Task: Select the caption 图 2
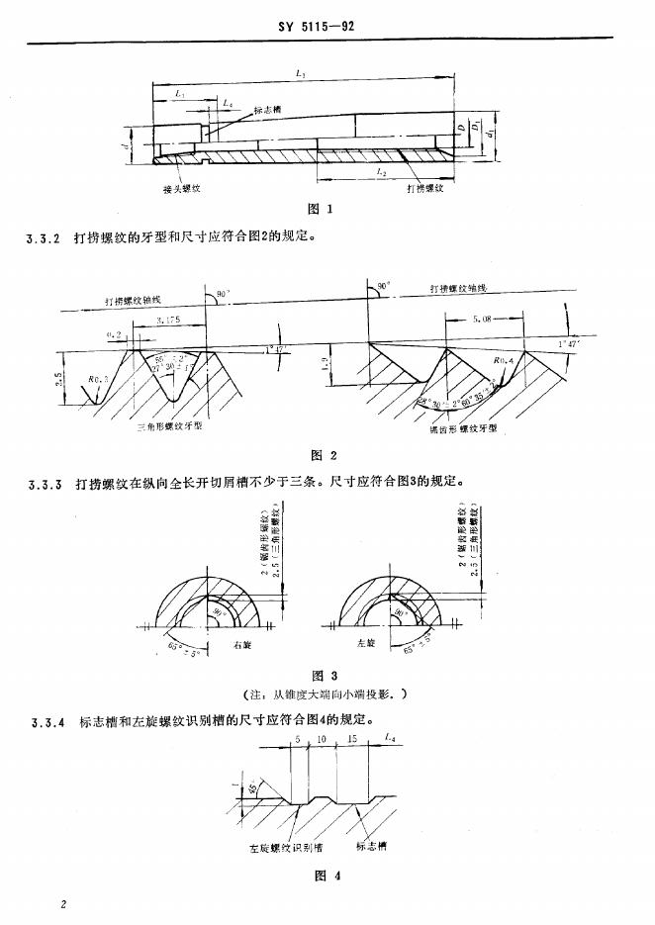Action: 325,456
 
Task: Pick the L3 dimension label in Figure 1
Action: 301,74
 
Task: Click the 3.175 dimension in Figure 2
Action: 168,321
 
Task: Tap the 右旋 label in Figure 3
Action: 241,644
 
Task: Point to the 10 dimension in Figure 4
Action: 322,740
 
